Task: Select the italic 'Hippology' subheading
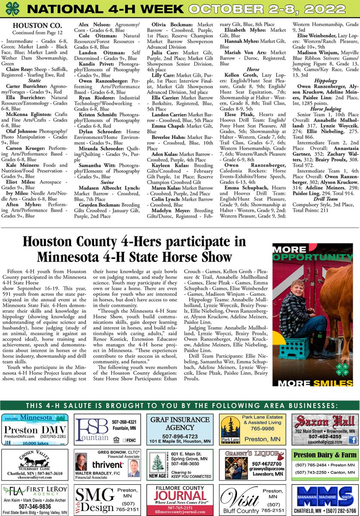click(325, 80)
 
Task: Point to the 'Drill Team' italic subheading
click(325, 199)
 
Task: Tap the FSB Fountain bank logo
click(91, 428)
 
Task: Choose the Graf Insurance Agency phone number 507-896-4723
click(180, 436)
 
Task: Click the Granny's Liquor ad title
click(252, 454)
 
